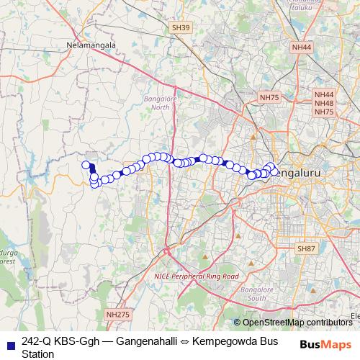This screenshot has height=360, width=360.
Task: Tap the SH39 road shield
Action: (x=181, y=27)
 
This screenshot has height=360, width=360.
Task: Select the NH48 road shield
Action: (x=324, y=103)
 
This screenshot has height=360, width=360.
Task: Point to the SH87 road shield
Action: (x=306, y=248)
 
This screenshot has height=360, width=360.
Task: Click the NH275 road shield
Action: (x=117, y=315)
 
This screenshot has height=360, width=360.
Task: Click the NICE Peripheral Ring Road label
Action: (x=196, y=276)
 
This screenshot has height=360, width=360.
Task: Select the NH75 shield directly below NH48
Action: (x=324, y=112)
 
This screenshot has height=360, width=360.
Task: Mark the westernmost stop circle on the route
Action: (x=86, y=165)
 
